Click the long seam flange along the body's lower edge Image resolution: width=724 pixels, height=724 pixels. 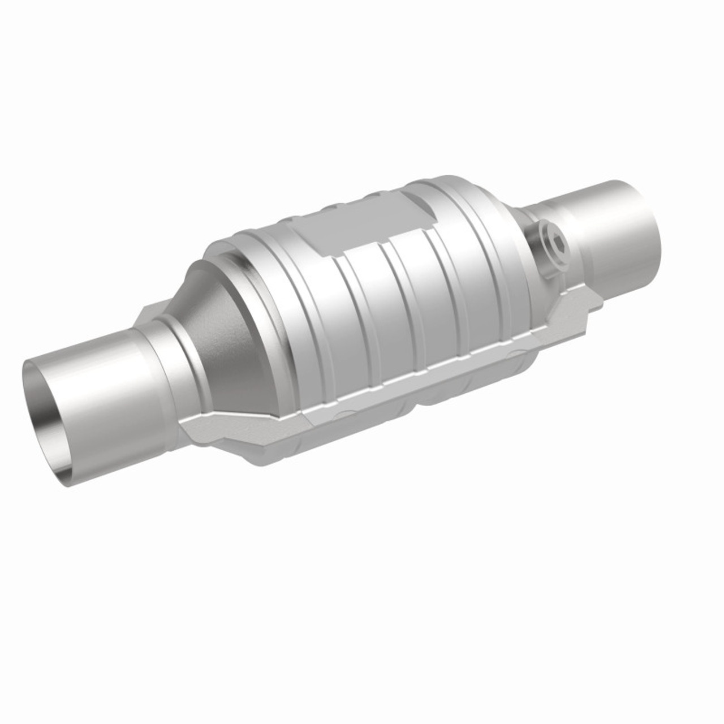(396, 385)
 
